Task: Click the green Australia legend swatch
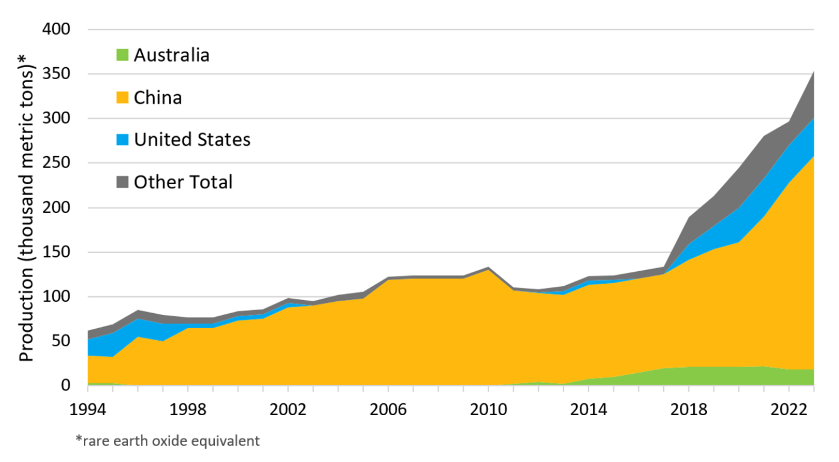point(121,55)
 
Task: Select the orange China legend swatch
point(121,97)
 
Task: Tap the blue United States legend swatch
point(121,140)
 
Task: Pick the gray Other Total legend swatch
point(121,182)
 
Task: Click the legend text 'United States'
point(192,140)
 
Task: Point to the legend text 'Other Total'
point(183,182)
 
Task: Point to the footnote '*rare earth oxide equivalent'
point(167,441)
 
